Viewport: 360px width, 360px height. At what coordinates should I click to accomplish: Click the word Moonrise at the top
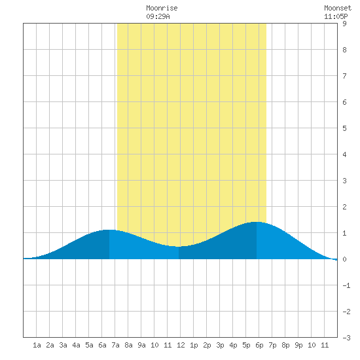coord(162,8)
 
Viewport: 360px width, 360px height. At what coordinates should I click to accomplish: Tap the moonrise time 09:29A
coord(158,16)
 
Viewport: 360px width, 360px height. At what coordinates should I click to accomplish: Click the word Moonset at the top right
coord(338,8)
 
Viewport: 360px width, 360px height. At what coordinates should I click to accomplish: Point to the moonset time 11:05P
coord(336,16)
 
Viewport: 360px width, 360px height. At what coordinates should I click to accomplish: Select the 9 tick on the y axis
coord(344,24)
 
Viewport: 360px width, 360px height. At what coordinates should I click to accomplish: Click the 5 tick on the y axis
coord(344,128)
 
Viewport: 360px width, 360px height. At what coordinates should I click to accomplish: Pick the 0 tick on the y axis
coord(344,259)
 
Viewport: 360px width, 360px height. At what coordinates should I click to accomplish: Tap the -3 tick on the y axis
coord(346,338)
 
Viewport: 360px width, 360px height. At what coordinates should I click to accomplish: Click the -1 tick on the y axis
coord(346,285)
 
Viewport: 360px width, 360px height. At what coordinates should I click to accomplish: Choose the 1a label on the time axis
coord(37,345)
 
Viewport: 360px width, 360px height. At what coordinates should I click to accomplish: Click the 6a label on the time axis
coord(102,345)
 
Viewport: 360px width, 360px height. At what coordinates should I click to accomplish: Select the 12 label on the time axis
coord(181,345)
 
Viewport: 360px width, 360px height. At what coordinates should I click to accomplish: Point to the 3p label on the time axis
coord(220,345)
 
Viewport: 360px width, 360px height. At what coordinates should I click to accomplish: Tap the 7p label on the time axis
coord(272,345)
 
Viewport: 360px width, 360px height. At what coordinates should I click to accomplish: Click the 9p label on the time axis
coord(298,345)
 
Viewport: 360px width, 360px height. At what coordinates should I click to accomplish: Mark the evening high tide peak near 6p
coord(257,222)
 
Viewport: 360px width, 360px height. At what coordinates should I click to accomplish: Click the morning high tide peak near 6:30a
coord(109,230)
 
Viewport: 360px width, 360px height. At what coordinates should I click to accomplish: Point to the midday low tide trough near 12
coord(179,247)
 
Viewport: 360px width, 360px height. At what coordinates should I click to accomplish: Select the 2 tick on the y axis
coord(344,207)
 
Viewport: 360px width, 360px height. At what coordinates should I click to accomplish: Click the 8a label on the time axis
coord(128,345)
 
